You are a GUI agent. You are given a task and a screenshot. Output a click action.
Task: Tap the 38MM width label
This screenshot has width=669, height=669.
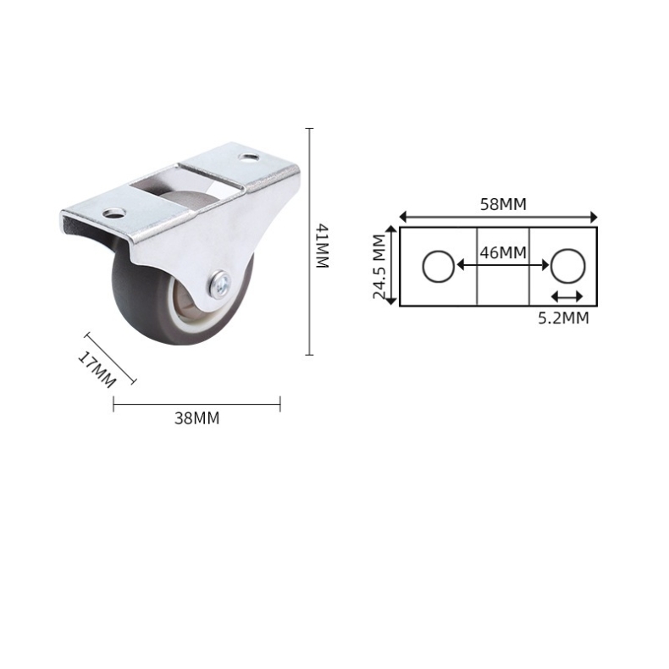tap(196, 418)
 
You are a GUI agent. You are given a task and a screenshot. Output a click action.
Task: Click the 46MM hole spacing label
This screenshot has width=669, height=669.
tap(503, 252)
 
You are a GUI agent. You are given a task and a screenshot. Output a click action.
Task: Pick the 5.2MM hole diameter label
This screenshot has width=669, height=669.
tap(565, 318)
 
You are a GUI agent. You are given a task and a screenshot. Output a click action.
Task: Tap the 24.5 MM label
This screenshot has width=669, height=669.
tap(379, 268)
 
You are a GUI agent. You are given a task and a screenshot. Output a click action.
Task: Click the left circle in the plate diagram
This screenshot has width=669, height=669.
tap(438, 266)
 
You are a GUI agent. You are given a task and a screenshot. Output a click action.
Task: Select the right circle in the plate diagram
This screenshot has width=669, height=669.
tap(568, 266)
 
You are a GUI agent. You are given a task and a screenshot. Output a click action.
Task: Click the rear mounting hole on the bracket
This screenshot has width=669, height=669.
tap(249, 158)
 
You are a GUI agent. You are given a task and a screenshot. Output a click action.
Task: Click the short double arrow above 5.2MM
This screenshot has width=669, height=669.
tap(567, 296)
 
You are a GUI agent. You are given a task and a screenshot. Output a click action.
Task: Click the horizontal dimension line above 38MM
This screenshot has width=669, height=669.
tap(196, 404)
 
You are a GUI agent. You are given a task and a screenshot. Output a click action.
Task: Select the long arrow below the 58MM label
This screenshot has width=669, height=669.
tap(499, 216)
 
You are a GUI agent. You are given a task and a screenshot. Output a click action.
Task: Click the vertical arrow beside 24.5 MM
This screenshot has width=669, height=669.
tap(391, 266)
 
